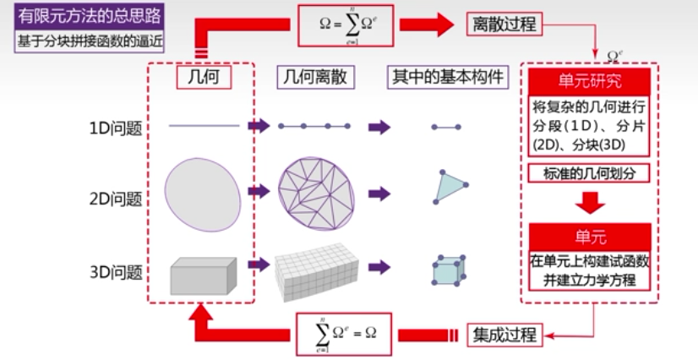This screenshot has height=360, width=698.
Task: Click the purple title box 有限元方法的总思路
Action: click(89, 16)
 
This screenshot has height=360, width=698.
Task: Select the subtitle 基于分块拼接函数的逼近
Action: click(89, 41)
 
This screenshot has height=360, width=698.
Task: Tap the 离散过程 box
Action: click(504, 24)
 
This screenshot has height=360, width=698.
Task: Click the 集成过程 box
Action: click(504, 335)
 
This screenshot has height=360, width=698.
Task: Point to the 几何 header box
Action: click(204, 78)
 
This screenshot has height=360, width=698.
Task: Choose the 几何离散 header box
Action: click(315, 78)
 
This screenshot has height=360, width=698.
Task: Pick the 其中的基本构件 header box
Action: click(448, 78)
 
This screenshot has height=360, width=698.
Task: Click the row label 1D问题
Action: click(116, 128)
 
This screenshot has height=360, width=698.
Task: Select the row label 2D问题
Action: click(116, 199)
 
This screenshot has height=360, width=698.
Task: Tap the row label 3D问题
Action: click(116, 272)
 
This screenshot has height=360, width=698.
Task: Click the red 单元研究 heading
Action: click(589, 82)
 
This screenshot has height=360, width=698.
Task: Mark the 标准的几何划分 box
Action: click(589, 173)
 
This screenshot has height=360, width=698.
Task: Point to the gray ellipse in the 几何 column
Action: click(203, 195)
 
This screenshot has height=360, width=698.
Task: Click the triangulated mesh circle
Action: click(317, 194)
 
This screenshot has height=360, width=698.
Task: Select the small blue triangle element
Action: click(450, 187)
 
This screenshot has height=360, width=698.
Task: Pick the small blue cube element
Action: click(449, 270)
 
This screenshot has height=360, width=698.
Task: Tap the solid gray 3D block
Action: click(204, 275)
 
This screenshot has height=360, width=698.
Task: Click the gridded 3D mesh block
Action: click(317, 272)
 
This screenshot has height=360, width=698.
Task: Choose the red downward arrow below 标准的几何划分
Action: click(590, 203)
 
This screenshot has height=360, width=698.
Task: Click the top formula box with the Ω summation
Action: click(346, 25)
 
